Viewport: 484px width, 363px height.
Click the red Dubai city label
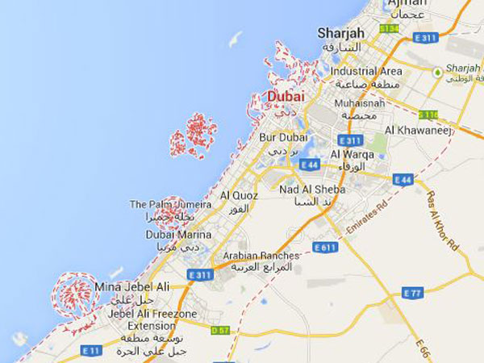pyautogui.click(x=286, y=97)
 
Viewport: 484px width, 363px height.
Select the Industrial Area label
pyautogui.click(x=366, y=71)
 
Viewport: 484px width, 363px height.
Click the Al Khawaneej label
pyautogui.click(x=416, y=130)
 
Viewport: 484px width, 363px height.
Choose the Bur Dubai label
pyautogui.click(x=279, y=137)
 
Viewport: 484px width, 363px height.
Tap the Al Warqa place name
pyautogui.click(x=349, y=154)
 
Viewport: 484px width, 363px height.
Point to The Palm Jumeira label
pyautogui.click(x=170, y=205)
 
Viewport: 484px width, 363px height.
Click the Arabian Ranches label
pyautogui.click(x=261, y=256)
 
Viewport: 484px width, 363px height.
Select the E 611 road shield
pyautogui.click(x=323, y=247)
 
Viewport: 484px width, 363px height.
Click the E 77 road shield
pyautogui.click(x=412, y=292)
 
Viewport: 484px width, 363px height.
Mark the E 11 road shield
pyautogui.click(x=90, y=350)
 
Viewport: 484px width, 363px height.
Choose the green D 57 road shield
pyautogui.click(x=220, y=330)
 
